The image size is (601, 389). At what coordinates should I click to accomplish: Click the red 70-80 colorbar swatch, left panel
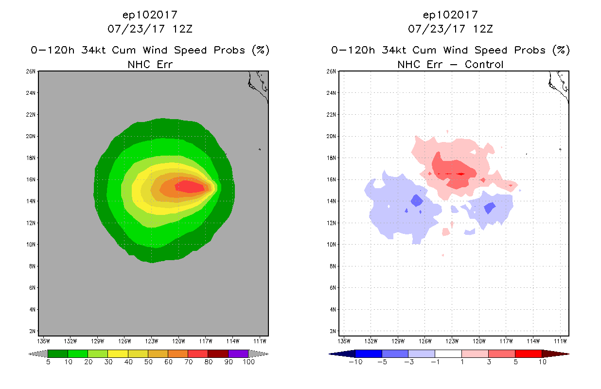point(197,354)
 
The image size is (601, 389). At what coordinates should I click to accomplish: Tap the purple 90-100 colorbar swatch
point(238,354)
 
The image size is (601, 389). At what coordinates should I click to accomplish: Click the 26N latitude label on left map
point(31,71)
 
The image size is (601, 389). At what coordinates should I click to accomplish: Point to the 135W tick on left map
point(44,340)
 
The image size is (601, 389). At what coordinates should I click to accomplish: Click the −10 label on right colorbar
point(355,362)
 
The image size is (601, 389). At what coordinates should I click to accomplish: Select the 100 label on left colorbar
point(248,362)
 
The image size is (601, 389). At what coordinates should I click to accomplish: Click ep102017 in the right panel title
point(450,15)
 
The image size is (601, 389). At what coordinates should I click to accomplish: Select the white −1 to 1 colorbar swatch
point(448,354)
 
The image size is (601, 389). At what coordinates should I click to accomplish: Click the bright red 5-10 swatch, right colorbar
point(528,354)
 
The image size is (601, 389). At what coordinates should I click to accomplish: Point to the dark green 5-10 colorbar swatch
point(57,354)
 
